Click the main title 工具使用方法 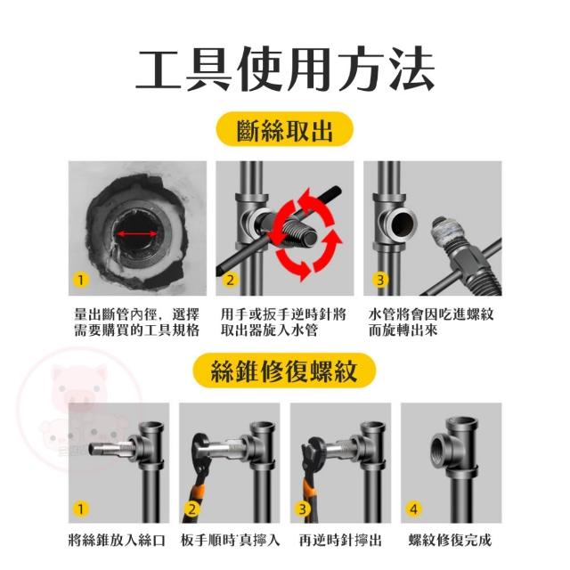point(285,69)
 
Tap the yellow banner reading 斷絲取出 point(285,129)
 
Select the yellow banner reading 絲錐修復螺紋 point(284,370)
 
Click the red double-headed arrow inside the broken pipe point(136,234)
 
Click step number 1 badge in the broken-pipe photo point(81,281)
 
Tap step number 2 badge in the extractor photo point(230,281)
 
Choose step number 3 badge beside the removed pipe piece point(380,281)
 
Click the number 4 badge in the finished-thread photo point(413,509)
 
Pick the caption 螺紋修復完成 point(450,541)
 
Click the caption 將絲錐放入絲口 point(117,541)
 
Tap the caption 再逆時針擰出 point(340,541)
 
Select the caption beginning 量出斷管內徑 point(137,322)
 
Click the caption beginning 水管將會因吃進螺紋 point(431,322)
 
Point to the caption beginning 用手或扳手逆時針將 point(283,322)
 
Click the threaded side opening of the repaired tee point(442,450)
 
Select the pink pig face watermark point(79,386)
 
